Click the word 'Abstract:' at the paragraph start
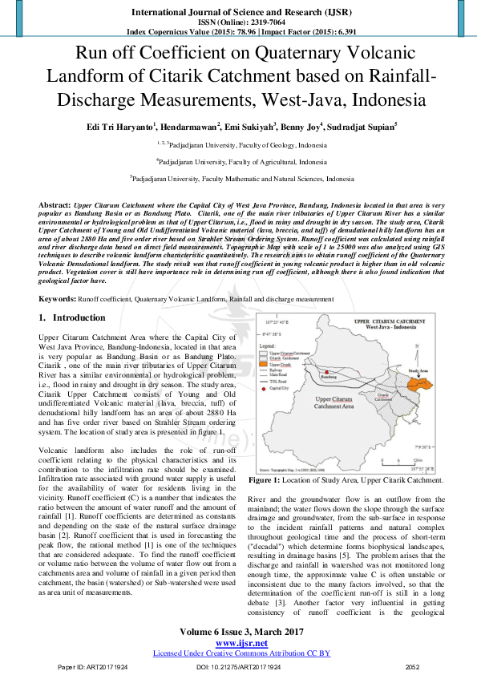(55, 206)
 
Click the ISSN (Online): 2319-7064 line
(238, 22)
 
